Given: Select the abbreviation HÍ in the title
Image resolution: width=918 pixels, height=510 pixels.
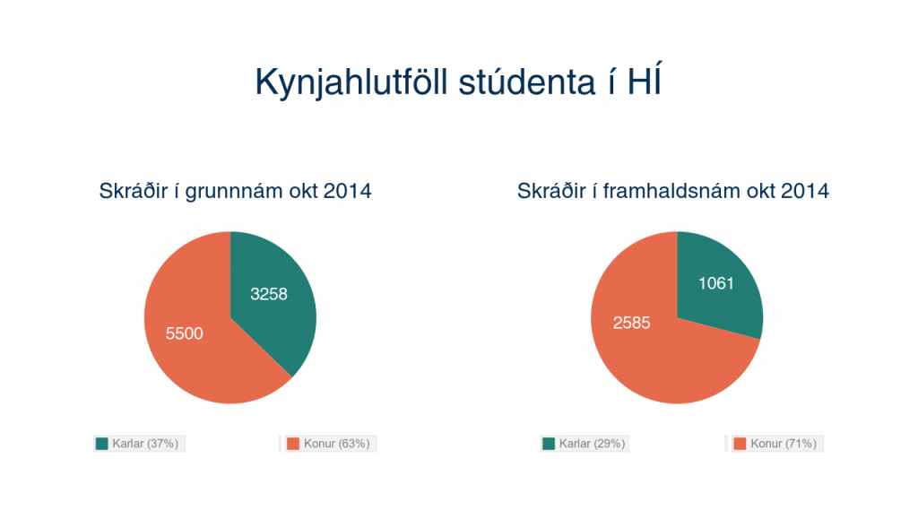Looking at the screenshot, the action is coord(644,80).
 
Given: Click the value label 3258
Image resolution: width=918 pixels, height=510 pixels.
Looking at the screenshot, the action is coord(269,294).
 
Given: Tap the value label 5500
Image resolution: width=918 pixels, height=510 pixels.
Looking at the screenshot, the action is coord(185,333).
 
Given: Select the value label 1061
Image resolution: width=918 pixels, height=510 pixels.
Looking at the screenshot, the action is coord(716,283).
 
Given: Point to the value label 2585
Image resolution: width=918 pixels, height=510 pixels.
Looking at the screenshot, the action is coord(632,323).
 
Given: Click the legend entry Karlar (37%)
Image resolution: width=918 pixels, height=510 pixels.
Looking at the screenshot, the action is coord(139,444).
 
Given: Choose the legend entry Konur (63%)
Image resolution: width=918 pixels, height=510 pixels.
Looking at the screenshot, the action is coord(330,444).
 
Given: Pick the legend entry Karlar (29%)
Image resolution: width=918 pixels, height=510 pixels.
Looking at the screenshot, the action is coord(585,444).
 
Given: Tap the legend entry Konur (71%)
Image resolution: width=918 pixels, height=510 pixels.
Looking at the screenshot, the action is coord(777,444).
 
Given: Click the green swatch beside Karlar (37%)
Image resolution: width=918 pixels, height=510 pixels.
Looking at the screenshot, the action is coord(102,444).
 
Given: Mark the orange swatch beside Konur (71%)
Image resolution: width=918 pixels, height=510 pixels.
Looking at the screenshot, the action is coord(740,444).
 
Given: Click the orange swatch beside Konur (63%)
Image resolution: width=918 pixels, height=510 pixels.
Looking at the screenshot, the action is coord(293,444).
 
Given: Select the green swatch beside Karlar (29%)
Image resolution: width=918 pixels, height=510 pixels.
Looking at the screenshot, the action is coord(549,444).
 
